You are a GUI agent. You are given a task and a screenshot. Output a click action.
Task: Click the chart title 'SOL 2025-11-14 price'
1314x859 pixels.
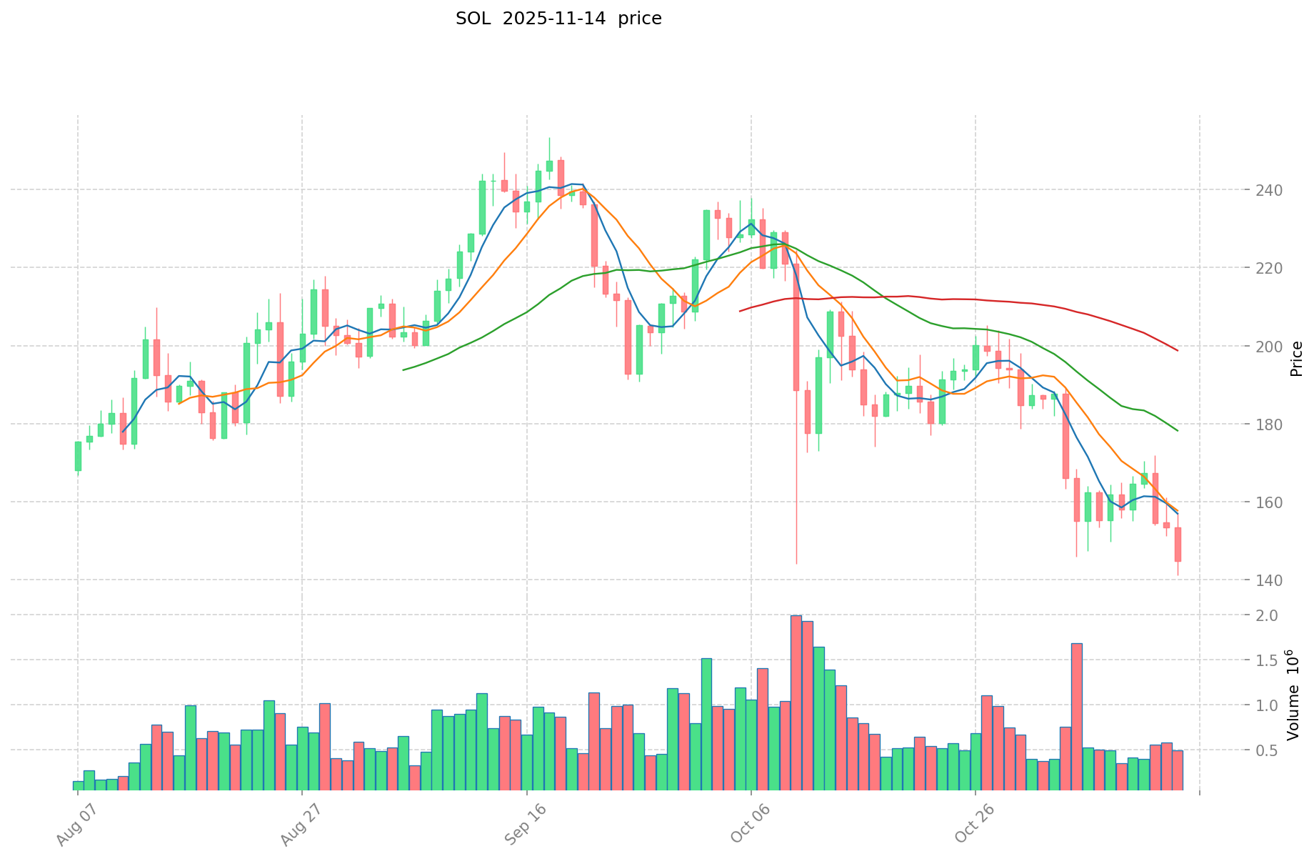558,19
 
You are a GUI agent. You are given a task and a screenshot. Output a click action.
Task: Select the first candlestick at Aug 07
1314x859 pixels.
78,456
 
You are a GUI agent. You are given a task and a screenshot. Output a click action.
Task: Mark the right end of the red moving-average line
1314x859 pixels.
1178,350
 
